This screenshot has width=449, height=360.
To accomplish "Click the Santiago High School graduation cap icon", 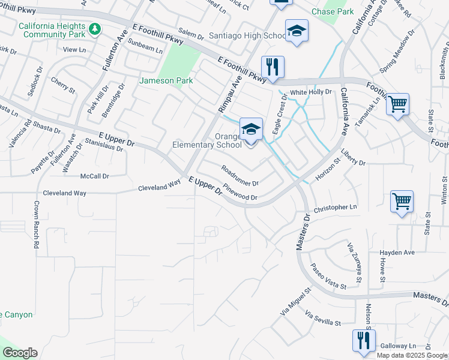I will pos(297,31).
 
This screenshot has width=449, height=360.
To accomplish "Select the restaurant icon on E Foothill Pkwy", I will pos(273,68).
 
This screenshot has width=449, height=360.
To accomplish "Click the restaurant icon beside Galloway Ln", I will pos(364,340).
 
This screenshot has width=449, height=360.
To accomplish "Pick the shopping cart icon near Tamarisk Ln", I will pos(397,104).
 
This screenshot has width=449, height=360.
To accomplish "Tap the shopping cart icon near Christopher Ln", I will pos(402,202).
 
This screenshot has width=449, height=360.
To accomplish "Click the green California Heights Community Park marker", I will pos(95,28).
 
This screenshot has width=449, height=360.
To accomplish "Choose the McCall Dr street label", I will pos(94,176).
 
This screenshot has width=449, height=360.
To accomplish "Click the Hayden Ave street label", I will pos(397,253).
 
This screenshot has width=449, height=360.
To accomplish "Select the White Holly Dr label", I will pos(311,92).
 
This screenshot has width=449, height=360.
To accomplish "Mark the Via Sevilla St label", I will pos(323,319).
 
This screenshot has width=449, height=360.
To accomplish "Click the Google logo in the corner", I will pos(20,353).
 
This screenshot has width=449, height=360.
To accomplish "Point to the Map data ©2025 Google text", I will pos(412,355).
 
